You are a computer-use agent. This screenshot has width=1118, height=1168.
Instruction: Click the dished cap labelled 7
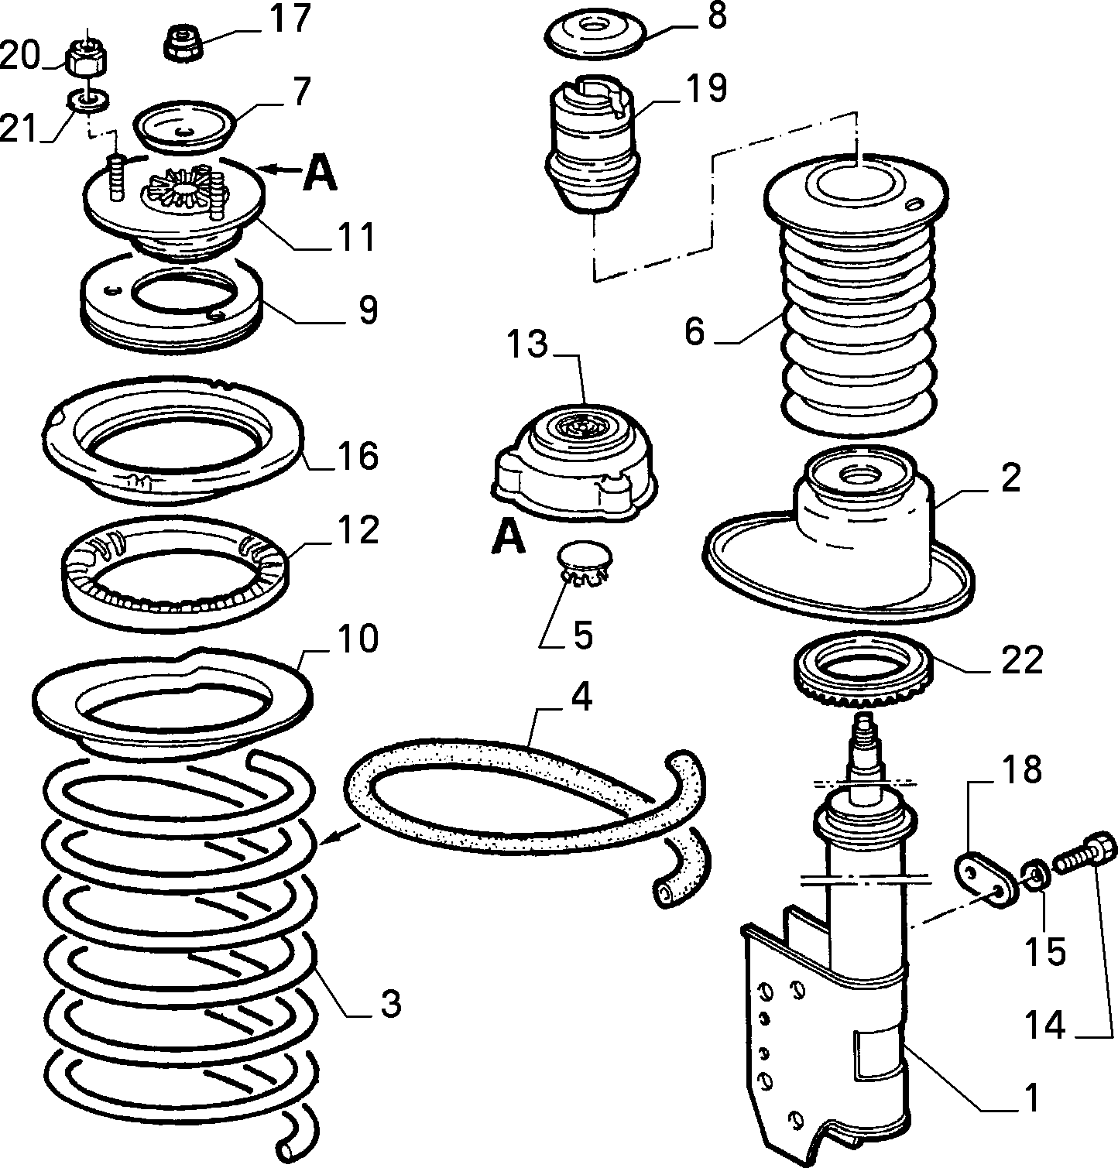[x=184, y=126]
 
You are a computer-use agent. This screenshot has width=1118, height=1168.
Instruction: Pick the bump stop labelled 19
[x=593, y=143]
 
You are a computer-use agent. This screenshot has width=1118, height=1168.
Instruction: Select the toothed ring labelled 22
[x=864, y=670]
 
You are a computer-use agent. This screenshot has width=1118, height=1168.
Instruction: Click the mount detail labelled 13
[x=574, y=467]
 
